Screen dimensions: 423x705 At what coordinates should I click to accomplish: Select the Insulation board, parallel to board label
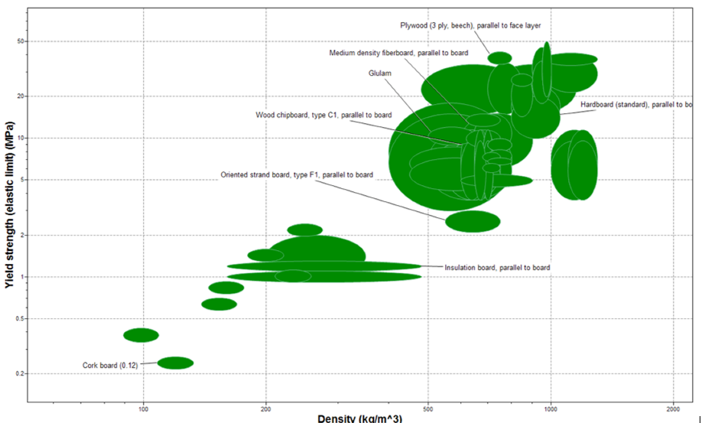point(497,268)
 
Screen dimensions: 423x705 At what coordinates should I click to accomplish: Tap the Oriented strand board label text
point(297,175)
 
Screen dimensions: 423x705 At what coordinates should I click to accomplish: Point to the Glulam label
point(379,73)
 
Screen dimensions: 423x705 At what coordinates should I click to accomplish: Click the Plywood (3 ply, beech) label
point(470,25)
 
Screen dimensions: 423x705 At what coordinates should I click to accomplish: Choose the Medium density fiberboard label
point(398,54)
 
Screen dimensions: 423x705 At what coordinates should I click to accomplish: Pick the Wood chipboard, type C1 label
point(323,115)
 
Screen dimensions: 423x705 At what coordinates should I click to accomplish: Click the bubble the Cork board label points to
point(175,363)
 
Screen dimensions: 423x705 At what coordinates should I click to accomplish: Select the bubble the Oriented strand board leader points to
point(473,221)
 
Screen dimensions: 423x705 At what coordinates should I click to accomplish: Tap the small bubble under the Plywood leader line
point(499,57)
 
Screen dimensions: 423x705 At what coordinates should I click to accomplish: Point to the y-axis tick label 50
point(20,41)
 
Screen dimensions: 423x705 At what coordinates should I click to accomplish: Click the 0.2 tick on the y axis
point(18,374)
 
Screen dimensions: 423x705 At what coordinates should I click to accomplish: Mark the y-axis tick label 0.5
point(18,319)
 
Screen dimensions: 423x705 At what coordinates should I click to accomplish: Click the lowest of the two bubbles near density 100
point(175,363)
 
